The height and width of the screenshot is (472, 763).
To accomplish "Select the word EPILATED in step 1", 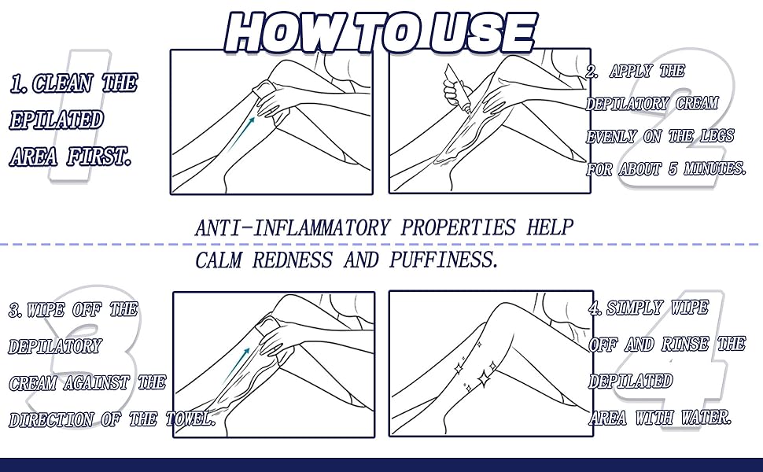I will (x=56, y=120).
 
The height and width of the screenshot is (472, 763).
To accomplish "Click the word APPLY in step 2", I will (x=631, y=72).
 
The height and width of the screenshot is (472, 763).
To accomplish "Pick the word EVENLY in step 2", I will (x=612, y=136).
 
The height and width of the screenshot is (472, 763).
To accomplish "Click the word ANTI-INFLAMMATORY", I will (x=292, y=228).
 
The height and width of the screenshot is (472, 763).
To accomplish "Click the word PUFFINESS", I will (x=444, y=260).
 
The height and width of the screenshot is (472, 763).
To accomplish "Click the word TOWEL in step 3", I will (x=190, y=419).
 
